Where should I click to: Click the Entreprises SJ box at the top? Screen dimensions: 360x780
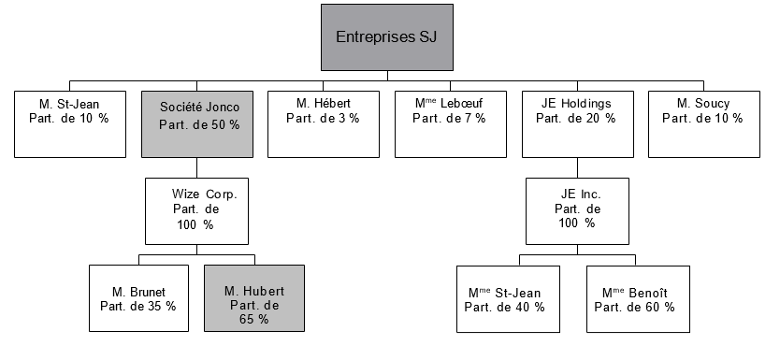click(x=386, y=37)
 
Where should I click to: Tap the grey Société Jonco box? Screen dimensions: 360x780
click(x=199, y=123)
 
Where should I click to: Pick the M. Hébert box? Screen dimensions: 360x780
click(x=323, y=123)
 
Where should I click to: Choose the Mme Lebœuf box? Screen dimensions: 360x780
click(x=451, y=123)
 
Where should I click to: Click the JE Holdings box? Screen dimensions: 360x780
click(x=576, y=123)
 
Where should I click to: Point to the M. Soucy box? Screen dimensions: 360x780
click(x=702, y=123)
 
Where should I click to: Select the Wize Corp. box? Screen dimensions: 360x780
click(x=198, y=209)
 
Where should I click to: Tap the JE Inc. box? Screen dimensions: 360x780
click(x=576, y=209)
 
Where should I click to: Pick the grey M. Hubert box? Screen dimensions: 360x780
click(x=254, y=298)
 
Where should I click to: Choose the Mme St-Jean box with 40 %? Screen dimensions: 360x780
click(x=507, y=298)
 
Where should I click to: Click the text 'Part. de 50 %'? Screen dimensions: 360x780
click(x=199, y=124)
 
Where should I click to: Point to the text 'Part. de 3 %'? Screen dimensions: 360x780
click(x=323, y=118)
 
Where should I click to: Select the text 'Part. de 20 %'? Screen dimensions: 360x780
click(x=576, y=118)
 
